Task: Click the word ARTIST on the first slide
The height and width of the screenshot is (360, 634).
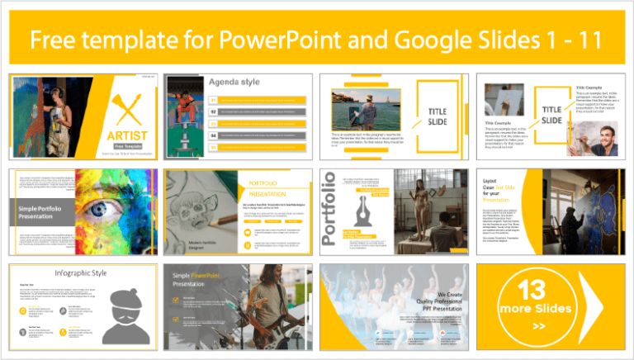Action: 121,135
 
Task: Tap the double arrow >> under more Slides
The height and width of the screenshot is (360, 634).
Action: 539,325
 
